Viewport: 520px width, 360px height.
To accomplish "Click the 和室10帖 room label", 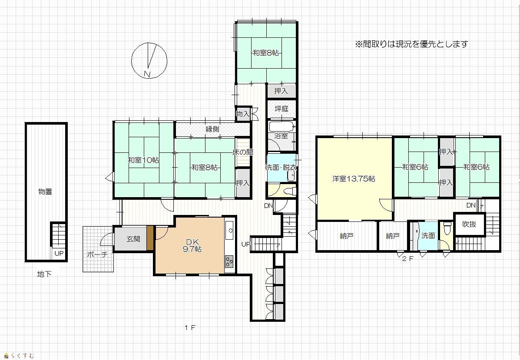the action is pos(144,160).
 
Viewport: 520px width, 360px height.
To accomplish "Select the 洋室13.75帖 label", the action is pos(354,179).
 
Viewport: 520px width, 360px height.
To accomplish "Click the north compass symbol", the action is pos(149,61).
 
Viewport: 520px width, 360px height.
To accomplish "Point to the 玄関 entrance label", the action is pos(133,239).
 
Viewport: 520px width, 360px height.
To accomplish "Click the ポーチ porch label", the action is pos(97,254).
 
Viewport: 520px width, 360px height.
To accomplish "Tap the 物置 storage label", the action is pos(45,192).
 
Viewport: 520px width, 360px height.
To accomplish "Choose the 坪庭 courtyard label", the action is pos(282,109).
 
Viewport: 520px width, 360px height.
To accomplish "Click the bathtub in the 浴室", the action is pos(281,126).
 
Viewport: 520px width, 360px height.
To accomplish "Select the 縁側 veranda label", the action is pos(212,129).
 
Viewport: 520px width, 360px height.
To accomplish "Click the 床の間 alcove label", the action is pos(243,152).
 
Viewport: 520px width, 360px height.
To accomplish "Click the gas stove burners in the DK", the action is pos(229,261).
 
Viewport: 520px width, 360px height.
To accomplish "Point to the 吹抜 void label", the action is pos(469,225).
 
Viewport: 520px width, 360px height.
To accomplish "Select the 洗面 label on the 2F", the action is pos(428,236).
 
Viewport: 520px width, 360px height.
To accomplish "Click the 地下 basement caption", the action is pos(44,274).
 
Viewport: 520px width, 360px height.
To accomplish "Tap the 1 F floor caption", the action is pos(190,328).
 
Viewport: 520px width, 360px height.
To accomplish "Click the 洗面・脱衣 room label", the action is pos(281,167).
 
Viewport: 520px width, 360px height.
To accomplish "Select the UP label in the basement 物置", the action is pos(59,254).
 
